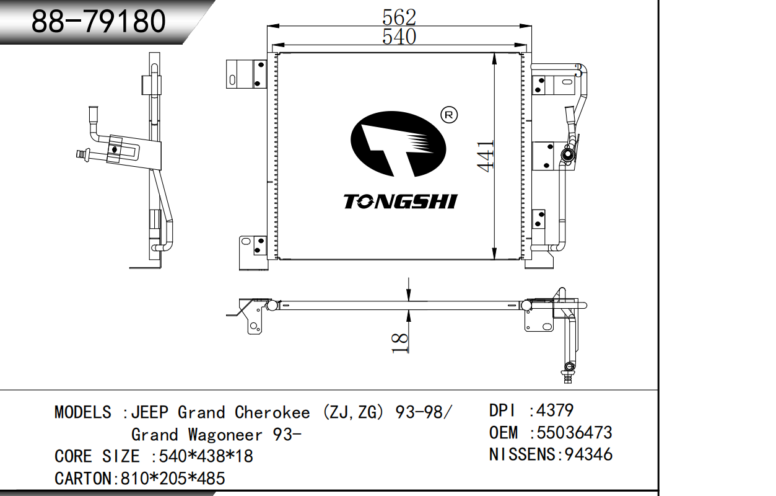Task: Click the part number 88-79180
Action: pos(98,21)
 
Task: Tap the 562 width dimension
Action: pos(399,17)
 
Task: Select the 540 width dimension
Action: pos(399,37)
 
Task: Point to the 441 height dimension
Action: pos(486,156)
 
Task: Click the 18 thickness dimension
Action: pos(399,343)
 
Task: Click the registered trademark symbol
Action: pos(449,115)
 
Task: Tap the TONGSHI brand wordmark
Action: pos(401,201)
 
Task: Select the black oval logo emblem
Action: pos(398,144)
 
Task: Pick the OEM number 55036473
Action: pos(574,433)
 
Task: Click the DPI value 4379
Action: pos(555,410)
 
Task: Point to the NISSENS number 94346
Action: pos(588,454)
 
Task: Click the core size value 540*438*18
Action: pos(206,456)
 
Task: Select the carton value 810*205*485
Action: pos(173,478)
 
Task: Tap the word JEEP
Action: pos(150,412)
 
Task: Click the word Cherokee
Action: pos(272,412)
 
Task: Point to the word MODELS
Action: pos(83,412)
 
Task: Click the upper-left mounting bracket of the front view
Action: pos(246,74)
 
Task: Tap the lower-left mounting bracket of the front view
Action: pos(253,253)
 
